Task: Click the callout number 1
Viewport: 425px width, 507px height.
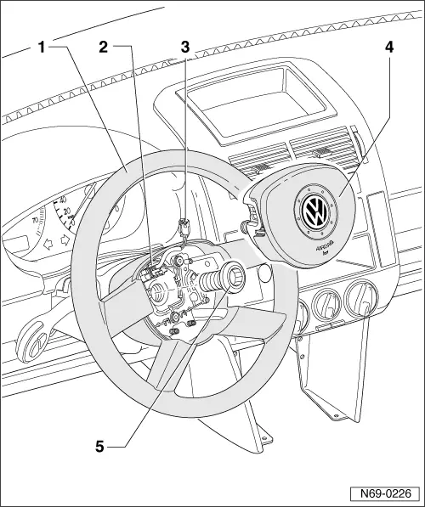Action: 41,48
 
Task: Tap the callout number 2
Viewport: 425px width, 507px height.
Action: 103,48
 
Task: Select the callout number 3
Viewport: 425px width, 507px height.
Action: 184,48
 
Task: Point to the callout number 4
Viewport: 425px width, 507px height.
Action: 388,48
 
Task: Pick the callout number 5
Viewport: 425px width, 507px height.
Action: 99,445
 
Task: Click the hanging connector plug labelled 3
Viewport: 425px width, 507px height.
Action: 184,227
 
